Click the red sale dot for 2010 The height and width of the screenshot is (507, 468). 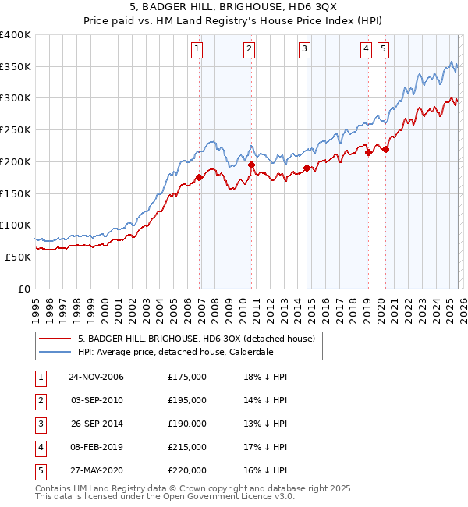[251, 165]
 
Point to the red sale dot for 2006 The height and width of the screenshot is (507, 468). [199, 177]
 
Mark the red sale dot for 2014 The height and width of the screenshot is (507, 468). [307, 168]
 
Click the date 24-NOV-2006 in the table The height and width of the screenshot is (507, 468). [96, 377]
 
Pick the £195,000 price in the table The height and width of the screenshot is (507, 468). [187, 400]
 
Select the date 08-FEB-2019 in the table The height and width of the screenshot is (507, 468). [96, 447]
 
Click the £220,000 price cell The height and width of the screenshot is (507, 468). [187, 470]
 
